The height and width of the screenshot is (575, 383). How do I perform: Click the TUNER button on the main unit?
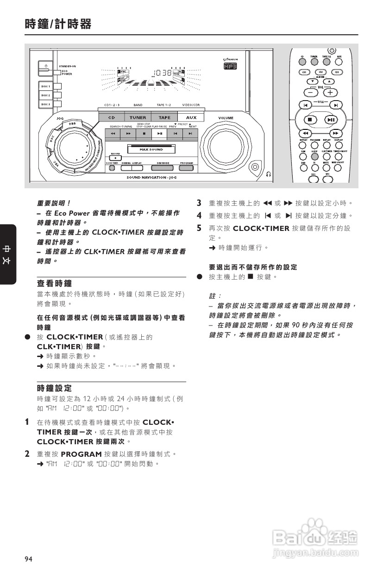[x=138, y=118]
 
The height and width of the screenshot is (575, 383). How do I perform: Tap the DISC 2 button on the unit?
[x=46, y=95]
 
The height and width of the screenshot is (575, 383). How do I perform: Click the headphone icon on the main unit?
[x=269, y=174]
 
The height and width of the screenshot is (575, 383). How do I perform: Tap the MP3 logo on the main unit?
[x=230, y=66]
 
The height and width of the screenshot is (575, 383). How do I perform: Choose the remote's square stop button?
[x=310, y=119]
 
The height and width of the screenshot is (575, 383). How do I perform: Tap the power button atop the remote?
[x=332, y=50]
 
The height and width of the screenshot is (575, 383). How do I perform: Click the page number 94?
[x=29, y=559]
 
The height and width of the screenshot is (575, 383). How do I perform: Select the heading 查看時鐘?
[x=54, y=283]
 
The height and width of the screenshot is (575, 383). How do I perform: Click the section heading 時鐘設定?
[x=54, y=387]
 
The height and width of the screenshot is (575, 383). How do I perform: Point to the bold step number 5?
[x=199, y=228]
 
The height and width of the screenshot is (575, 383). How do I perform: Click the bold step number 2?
[x=27, y=454]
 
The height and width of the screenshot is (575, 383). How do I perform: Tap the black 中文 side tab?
[x=8, y=254]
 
